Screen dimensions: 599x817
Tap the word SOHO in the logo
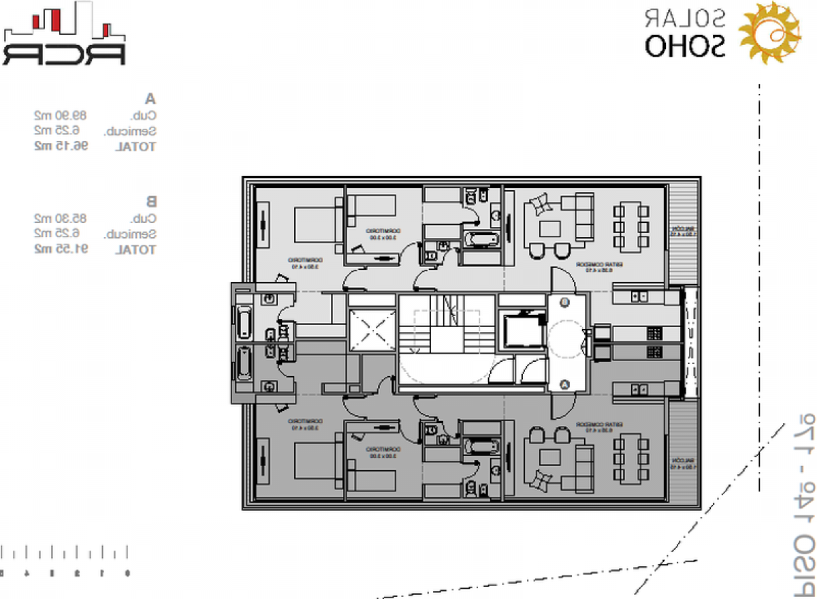click(x=686, y=46)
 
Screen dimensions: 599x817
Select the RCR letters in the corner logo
click(x=63, y=54)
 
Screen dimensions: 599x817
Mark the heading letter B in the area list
click(x=151, y=201)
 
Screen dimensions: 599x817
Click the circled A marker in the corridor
click(x=564, y=384)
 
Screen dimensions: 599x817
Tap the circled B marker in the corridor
click(x=564, y=301)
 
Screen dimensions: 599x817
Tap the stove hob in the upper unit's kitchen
click(x=654, y=333)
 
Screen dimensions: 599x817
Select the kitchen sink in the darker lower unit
click(x=639, y=388)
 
